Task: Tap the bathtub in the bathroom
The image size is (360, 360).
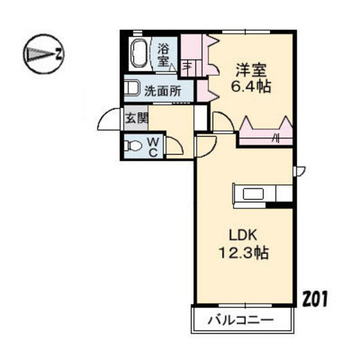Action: pos(138,53)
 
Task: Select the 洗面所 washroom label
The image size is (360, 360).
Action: pos(162,91)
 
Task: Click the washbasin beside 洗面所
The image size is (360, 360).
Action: pos(132,88)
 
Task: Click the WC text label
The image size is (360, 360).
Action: pos(154,147)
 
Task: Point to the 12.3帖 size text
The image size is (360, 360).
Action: pos(240,252)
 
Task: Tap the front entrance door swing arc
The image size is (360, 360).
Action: pos(109,120)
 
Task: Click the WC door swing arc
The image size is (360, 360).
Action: pos(175,147)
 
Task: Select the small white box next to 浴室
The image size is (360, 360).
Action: pos(188,64)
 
